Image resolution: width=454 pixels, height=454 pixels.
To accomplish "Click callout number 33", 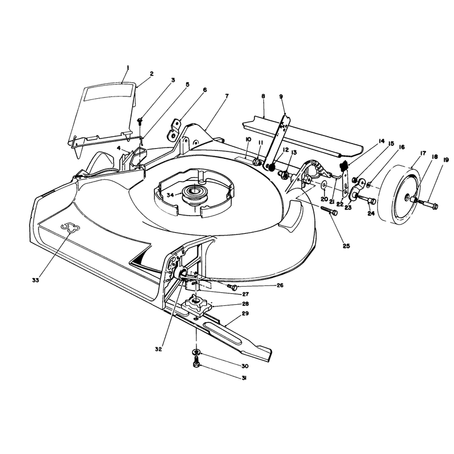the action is pos(36,280).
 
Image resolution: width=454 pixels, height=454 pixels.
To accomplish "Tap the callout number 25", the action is pos(346,246).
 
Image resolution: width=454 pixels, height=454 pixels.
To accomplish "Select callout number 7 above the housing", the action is pos(226,96).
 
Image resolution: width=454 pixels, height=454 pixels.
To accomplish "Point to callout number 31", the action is pos(244,378).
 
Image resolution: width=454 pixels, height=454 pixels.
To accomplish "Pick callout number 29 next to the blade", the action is pos(245,313).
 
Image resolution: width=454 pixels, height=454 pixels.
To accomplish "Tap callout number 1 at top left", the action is pos(128,68).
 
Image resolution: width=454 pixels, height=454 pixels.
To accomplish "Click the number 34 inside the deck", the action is pos(171,195).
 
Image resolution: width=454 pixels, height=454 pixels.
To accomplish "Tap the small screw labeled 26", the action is pos(233,287).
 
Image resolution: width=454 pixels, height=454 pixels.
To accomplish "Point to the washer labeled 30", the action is pos(196,352).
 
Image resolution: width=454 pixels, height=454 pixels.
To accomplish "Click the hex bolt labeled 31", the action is pos(196,363).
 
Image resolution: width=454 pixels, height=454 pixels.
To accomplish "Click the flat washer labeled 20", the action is pos(323,184).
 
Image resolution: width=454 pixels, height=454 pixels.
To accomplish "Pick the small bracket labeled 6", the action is pos(174,130).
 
